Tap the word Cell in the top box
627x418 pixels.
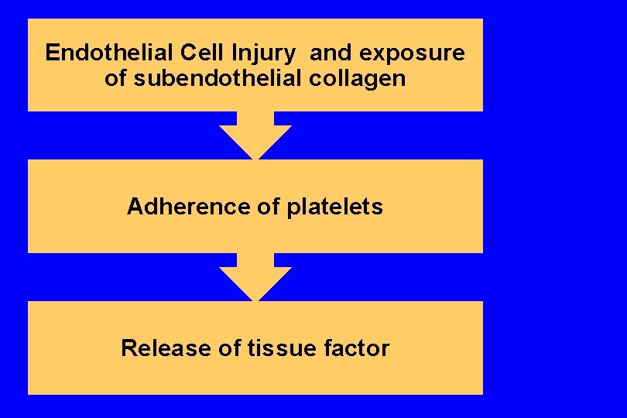point(200,53)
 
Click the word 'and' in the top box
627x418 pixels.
point(332,53)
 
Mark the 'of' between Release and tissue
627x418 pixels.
point(230,348)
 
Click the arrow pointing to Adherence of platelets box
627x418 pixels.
point(255,135)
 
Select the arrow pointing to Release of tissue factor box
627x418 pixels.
point(255,277)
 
